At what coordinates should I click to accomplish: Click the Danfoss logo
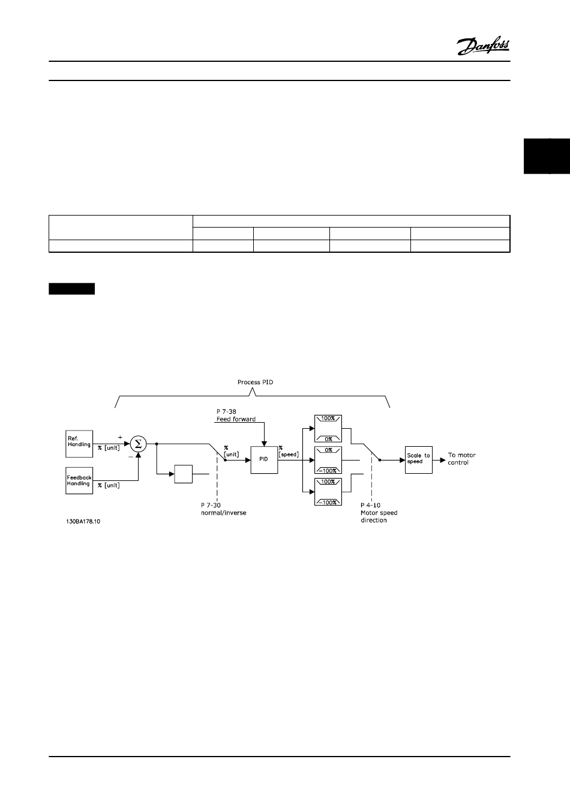tap(483, 47)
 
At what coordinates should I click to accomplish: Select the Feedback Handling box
tap(79, 480)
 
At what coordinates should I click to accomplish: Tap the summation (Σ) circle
tap(139, 444)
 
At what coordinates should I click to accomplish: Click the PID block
tap(263, 459)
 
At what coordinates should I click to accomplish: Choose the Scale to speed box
tap(418, 459)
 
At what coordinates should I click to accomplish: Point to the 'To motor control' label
tap(461, 459)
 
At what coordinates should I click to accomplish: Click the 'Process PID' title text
tap(256, 382)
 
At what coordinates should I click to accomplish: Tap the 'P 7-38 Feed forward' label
tap(235, 416)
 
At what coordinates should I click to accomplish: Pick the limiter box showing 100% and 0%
tap(328, 428)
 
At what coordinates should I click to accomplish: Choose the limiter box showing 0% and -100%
tap(328, 460)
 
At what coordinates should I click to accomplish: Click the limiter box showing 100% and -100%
tap(328, 491)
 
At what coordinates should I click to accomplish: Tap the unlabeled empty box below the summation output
tap(183, 474)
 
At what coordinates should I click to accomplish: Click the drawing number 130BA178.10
tap(83, 521)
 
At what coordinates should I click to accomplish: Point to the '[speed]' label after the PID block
tap(289, 455)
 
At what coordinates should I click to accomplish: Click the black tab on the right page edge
tap(546, 156)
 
